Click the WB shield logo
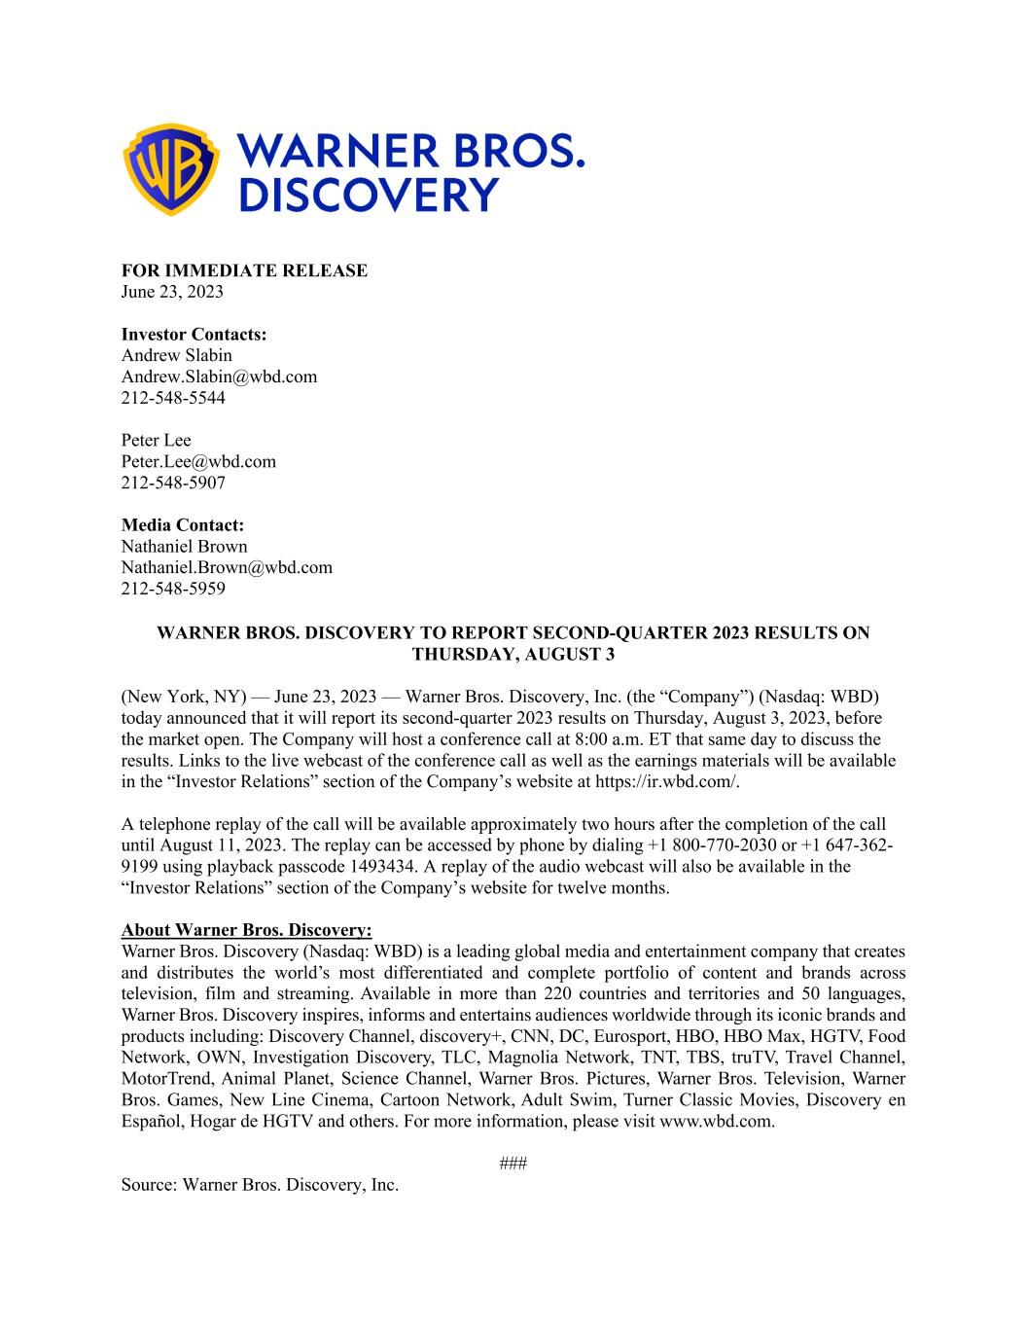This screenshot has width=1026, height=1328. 173,169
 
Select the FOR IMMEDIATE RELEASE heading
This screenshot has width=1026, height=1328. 244,270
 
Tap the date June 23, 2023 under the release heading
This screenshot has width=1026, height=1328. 172,291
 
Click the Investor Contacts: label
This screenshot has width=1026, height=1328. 194,335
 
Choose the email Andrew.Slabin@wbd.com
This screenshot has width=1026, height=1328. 219,377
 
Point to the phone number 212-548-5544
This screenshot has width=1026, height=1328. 173,398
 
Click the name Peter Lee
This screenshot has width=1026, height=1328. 156,440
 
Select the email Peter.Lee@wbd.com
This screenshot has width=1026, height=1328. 198,461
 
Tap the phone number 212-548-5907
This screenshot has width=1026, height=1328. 173,483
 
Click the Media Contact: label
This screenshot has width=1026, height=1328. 183,525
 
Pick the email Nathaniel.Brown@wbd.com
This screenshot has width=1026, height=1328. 227,567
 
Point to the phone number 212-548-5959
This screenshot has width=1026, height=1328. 173,589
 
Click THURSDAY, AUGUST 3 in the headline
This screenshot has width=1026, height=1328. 513,654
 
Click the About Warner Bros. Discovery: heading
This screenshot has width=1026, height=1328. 247,930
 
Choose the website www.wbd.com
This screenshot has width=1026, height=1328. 716,1121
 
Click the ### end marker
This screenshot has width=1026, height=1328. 513,1164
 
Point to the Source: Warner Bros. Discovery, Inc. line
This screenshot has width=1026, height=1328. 260,1185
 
